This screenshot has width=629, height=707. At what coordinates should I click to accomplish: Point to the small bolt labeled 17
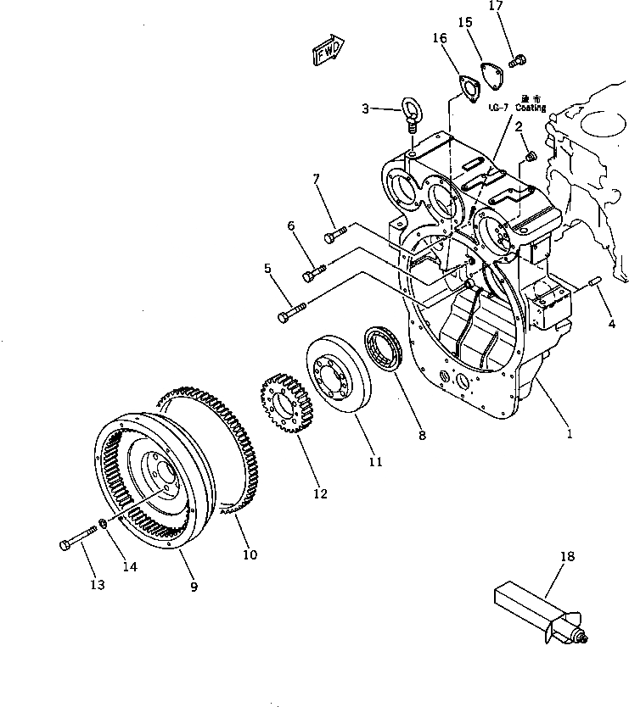[x=517, y=59]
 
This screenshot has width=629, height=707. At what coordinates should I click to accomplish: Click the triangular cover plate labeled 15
[x=488, y=74]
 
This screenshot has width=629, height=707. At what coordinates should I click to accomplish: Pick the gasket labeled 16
[x=463, y=87]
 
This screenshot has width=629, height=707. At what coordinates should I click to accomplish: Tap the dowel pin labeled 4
[x=595, y=281]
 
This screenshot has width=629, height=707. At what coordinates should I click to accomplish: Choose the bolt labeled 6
[x=313, y=272]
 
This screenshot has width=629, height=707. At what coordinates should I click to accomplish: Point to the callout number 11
[x=375, y=462]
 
